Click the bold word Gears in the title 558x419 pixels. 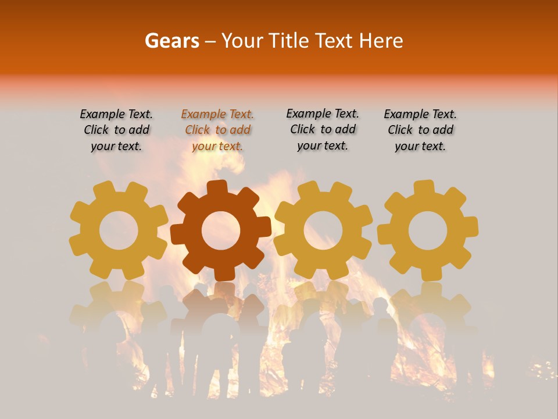pyautogui.click(x=171, y=41)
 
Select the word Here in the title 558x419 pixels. pyautogui.click(x=381, y=41)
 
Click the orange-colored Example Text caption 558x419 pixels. pyautogui.click(x=217, y=130)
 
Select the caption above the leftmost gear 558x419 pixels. pyautogui.click(x=116, y=130)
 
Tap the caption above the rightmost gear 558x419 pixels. pyautogui.click(x=420, y=130)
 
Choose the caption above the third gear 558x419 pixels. pyautogui.click(x=323, y=130)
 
